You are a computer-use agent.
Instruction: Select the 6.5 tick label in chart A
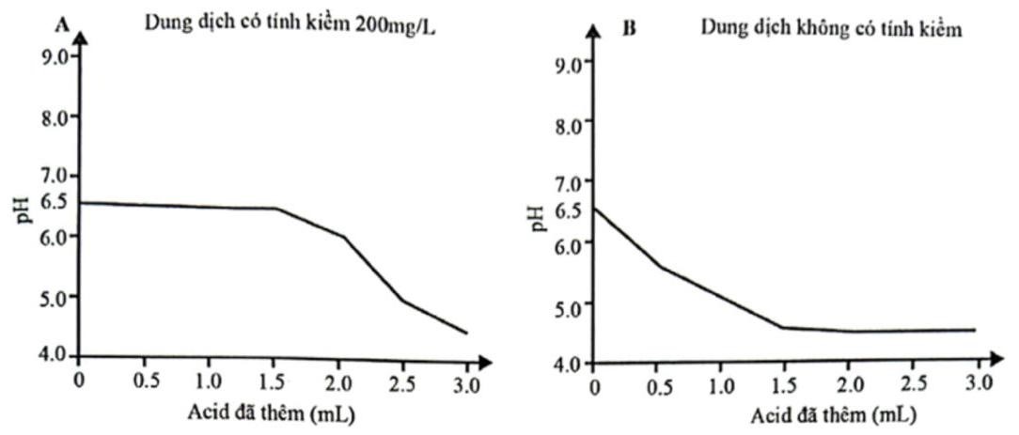tap(55, 201)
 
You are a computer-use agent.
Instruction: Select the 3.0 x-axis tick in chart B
tap(978, 385)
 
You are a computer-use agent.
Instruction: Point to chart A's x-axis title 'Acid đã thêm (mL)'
tap(274, 412)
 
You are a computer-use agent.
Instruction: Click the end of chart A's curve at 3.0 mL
tap(466, 333)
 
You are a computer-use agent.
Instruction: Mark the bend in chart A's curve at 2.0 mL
tap(344, 237)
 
